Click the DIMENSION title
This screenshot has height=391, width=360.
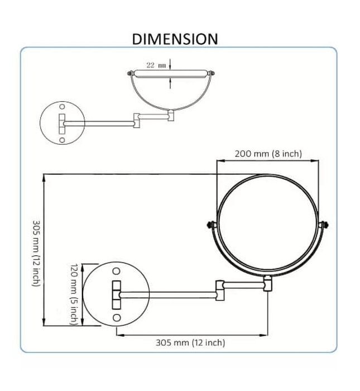click(x=175, y=39)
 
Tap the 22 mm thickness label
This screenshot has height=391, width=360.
click(x=156, y=65)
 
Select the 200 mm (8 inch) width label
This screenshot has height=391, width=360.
click(x=268, y=154)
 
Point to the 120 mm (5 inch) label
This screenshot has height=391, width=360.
click(x=74, y=294)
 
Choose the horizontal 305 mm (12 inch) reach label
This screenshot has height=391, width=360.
click(x=190, y=342)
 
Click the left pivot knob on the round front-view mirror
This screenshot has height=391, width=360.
click(x=212, y=225)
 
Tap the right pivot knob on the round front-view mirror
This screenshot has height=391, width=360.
click(x=323, y=225)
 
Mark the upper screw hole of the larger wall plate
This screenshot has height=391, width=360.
click(x=117, y=271)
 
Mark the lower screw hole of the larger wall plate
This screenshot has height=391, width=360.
click(x=117, y=317)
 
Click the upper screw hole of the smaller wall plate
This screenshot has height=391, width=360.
click(x=63, y=106)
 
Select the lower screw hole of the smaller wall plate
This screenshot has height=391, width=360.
click(x=63, y=140)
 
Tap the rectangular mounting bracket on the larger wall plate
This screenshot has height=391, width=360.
click(x=117, y=294)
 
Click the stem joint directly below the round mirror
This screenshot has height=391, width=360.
click(x=268, y=283)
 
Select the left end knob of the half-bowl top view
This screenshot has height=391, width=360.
click(x=132, y=73)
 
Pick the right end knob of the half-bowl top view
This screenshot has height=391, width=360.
click(x=212, y=73)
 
